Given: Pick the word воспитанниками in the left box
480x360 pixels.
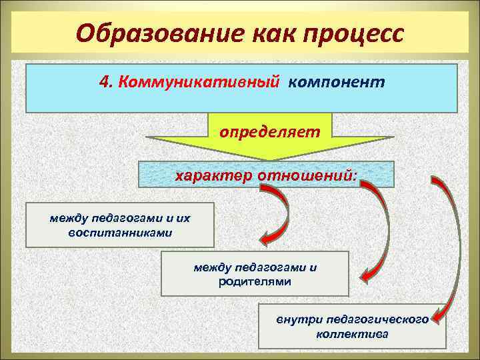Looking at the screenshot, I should [x=120, y=233].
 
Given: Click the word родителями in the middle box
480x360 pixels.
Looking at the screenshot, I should [x=255, y=281].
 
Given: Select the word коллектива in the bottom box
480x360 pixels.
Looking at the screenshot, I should [x=353, y=334].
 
